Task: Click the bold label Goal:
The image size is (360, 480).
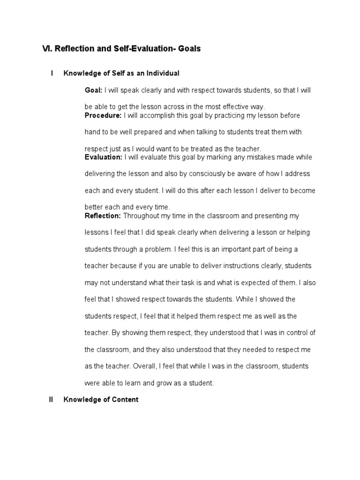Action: pyautogui.click(x=93, y=90)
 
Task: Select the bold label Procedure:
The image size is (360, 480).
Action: pyautogui.click(x=103, y=115)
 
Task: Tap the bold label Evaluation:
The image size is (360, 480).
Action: pyautogui.click(x=104, y=157)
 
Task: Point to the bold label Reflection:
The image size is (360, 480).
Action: pyautogui.click(x=103, y=216)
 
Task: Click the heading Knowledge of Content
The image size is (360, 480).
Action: pyautogui.click(x=101, y=400)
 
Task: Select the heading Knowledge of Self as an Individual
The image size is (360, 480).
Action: pyautogui.click(x=121, y=73)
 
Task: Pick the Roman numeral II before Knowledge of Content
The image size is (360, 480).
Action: pyautogui.click(x=52, y=400)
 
